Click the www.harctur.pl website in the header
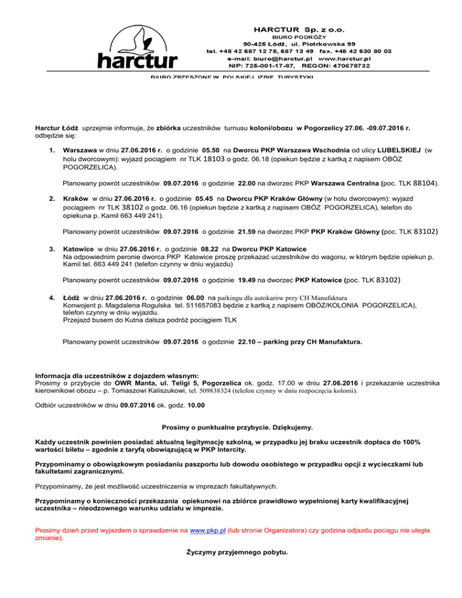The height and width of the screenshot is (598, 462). pyautogui.click(x=343, y=59)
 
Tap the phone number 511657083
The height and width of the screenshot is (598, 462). pyautogui.click(x=194, y=306)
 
